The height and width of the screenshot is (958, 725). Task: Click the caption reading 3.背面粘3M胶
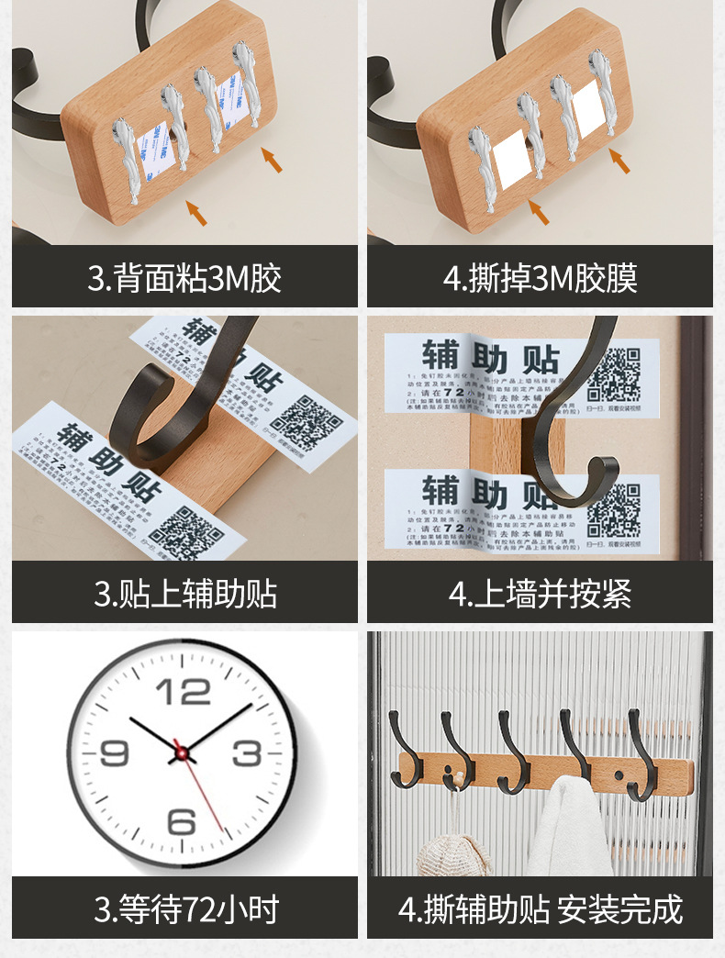pyautogui.click(x=184, y=277)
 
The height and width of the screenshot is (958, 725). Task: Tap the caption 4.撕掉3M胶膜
pyautogui.click(x=540, y=277)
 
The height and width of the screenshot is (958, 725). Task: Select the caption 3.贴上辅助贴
pyautogui.click(x=184, y=593)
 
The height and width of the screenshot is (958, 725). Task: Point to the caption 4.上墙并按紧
pyautogui.click(x=540, y=593)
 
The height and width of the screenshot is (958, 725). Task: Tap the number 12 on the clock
pyautogui.click(x=184, y=691)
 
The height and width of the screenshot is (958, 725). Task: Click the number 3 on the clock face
pyautogui.click(x=247, y=753)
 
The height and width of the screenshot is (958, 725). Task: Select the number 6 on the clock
pyautogui.click(x=182, y=819)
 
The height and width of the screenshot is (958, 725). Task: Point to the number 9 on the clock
pyautogui.click(x=114, y=753)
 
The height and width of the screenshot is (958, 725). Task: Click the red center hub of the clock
pyautogui.click(x=182, y=753)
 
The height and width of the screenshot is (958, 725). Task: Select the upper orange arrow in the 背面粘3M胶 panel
pyautogui.click(x=271, y=160)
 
